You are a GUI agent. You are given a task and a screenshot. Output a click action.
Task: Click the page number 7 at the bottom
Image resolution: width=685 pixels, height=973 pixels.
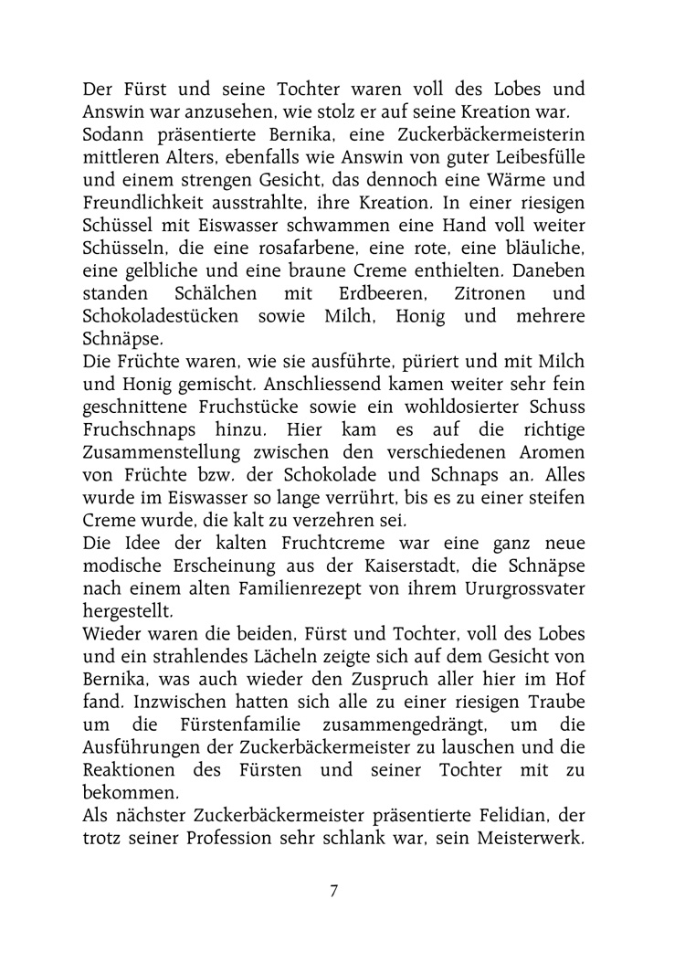(x=333, y=891)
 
